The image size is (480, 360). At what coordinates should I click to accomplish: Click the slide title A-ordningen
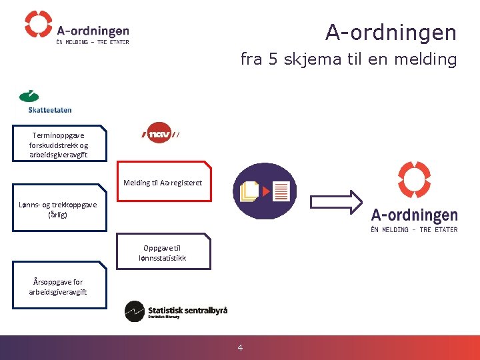click(x=391, y=32)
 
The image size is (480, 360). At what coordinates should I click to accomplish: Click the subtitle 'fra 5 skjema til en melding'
click(x=348, y=59)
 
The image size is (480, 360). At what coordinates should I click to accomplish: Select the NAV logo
click(x=160, y=133)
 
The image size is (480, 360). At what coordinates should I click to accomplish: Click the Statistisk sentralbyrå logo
click(x=176, y=311)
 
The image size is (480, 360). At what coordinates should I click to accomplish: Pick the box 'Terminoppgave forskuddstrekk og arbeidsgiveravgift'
click(x=59, y=144)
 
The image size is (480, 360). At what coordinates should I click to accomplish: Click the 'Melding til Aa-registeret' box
click(x=163, y=181)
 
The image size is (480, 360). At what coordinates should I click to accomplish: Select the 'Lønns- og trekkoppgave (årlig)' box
click(x=59, y=210)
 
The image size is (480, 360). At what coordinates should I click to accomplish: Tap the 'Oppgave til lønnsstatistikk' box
click(x=163, y=252)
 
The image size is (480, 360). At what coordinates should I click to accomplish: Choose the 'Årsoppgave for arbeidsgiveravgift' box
click(x=59, y=287)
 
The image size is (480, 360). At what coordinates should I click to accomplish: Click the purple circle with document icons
click(x=265, y=191)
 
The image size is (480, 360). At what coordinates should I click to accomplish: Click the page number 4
click(x=241, y=347)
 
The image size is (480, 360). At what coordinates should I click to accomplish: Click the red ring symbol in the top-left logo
click(x=38, y=24)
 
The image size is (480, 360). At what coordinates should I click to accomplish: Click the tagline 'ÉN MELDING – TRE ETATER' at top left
click(x=93, y=42)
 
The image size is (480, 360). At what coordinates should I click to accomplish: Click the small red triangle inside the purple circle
click(x=267, y=191)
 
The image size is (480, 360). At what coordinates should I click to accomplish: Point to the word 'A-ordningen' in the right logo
click(x=414, y=215)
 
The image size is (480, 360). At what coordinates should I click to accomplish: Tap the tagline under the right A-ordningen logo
click(x=414, y=229)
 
